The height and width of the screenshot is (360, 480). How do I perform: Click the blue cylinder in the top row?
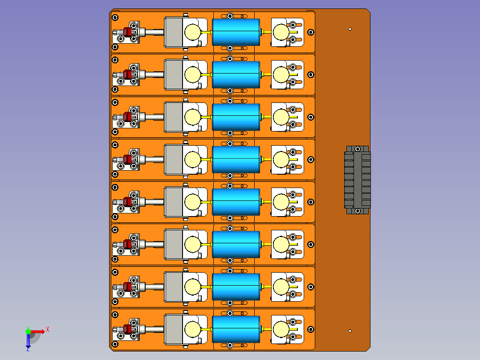tap(236, 32)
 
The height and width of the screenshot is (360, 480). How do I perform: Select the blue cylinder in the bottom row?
tap(236, 329)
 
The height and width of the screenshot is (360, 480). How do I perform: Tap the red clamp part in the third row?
tap(127, 117)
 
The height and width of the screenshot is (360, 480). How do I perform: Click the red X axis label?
tap(48, 330)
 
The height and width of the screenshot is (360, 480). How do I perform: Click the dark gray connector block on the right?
tap(357, 180)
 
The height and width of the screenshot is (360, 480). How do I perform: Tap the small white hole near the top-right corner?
tap(350, 29)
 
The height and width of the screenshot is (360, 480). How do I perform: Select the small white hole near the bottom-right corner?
tap(350, 331)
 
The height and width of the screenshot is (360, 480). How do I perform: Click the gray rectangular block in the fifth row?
tap(174, 202)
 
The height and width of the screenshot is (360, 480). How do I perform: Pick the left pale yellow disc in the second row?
tap(192, 74)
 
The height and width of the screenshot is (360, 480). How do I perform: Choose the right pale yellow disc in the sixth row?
tap(281, 244)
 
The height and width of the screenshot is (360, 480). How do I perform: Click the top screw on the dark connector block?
tap(357, 149)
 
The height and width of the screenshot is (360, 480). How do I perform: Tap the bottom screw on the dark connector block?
tap(357, 211)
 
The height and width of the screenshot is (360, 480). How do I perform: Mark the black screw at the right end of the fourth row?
tap(311, 160)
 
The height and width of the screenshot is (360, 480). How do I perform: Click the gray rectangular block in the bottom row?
tap(174, 329)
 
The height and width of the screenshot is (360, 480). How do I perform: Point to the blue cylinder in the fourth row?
tap(236, 160)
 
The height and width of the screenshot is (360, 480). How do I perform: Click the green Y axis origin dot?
tap(28, 331)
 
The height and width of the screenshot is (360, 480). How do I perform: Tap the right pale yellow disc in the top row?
tap(281, 32)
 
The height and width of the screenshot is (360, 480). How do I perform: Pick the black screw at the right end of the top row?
tap(311, 32)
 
